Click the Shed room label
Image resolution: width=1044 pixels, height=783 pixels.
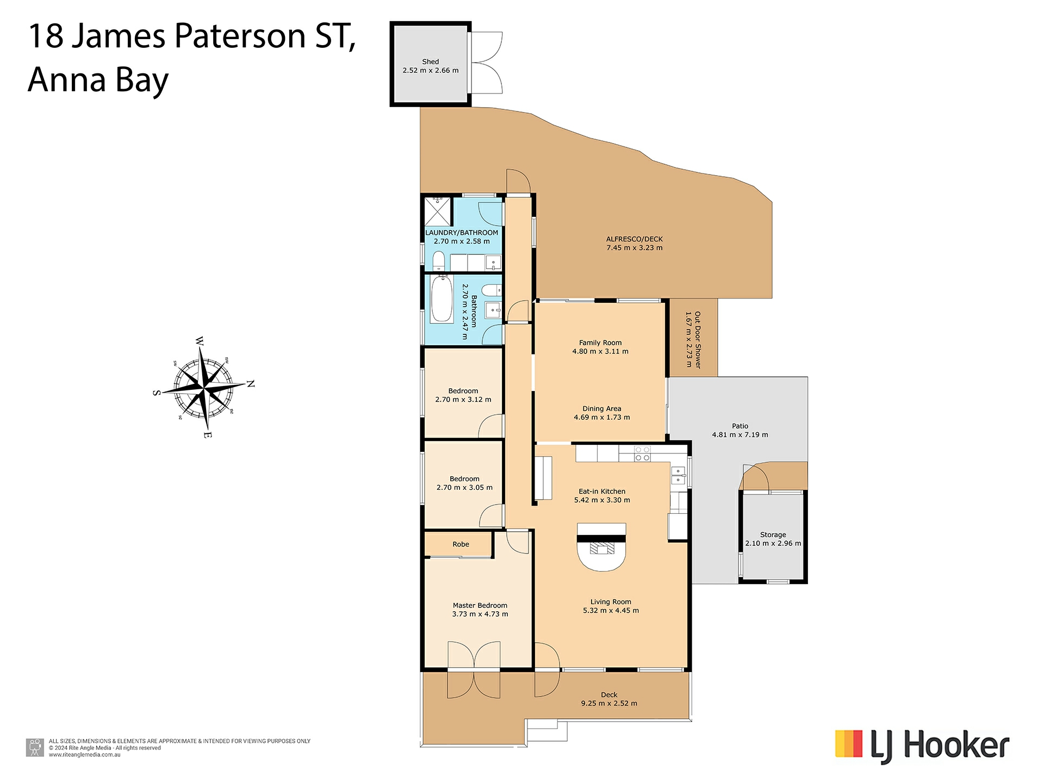430,62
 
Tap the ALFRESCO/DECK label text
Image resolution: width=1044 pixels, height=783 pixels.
634,239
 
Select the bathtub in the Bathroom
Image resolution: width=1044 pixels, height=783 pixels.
441,300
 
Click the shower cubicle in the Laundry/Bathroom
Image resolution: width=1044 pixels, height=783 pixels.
438,212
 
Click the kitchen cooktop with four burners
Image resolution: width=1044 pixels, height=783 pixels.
642,454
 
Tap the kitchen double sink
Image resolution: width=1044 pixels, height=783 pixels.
678,476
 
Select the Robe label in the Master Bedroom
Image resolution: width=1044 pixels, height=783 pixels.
461,544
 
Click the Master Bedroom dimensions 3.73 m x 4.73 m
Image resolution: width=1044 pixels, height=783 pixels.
480,614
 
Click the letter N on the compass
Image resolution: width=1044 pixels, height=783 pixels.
251,384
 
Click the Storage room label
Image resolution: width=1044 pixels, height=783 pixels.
773,535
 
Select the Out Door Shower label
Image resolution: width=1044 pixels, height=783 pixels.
698,340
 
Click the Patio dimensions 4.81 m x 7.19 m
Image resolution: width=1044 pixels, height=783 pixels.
739,435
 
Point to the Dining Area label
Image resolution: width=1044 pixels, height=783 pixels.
601,409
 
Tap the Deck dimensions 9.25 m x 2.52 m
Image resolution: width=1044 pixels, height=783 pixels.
608,704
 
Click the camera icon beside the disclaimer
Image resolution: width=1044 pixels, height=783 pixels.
35,748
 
